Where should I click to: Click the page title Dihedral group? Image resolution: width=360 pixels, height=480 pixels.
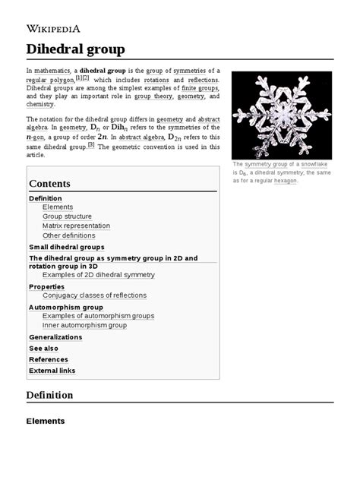[x=75, y=49]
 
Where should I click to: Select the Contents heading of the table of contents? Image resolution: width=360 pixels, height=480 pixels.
[x=49, y=184]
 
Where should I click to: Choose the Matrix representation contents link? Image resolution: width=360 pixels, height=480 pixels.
[x=76, y=226]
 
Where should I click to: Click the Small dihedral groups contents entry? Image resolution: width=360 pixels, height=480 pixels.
[x=66, y=247]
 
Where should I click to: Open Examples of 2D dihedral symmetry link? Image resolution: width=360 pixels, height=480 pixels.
[x=98, y=274]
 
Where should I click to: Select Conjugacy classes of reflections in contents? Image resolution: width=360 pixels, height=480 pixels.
[x=94, y=295]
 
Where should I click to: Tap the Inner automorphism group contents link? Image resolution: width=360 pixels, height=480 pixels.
[x=84, y=325]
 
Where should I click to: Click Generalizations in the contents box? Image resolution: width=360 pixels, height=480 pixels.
[x=55, y=336]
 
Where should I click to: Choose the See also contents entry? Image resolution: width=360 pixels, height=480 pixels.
[x=43, y=348]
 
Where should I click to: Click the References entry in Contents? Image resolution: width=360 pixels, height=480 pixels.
[x=49, y=359]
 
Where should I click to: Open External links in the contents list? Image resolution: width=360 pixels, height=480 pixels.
[x=52, y=371]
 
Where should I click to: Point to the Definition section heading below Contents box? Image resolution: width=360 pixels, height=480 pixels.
[x=49, y=395]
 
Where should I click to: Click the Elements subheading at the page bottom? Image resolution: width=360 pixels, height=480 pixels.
[x=46, y=421]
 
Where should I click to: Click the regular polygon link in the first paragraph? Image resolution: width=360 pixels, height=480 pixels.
[x=47, y=80]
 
